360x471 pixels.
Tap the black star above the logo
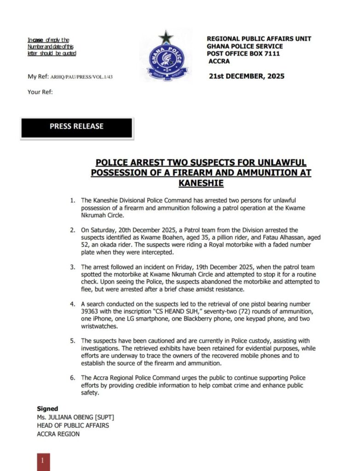tap(165, 37)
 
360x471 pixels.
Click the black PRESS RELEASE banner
tap(77, 127)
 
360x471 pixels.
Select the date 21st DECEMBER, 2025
tap(246, 76)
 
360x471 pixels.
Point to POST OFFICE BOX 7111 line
tap(243, 54)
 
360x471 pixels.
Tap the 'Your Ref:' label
tap(40, 92)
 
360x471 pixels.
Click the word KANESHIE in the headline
tap(200, 183)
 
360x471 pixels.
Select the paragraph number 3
tap(73, 267)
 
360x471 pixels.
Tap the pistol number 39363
tap(91, 311)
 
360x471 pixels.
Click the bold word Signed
tap(47, 408)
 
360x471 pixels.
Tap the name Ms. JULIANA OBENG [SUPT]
tap(75, 417)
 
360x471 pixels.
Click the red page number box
tap(43, 461)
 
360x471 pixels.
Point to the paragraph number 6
tap(73, 378)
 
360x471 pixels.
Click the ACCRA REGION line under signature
tap(58, 434)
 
